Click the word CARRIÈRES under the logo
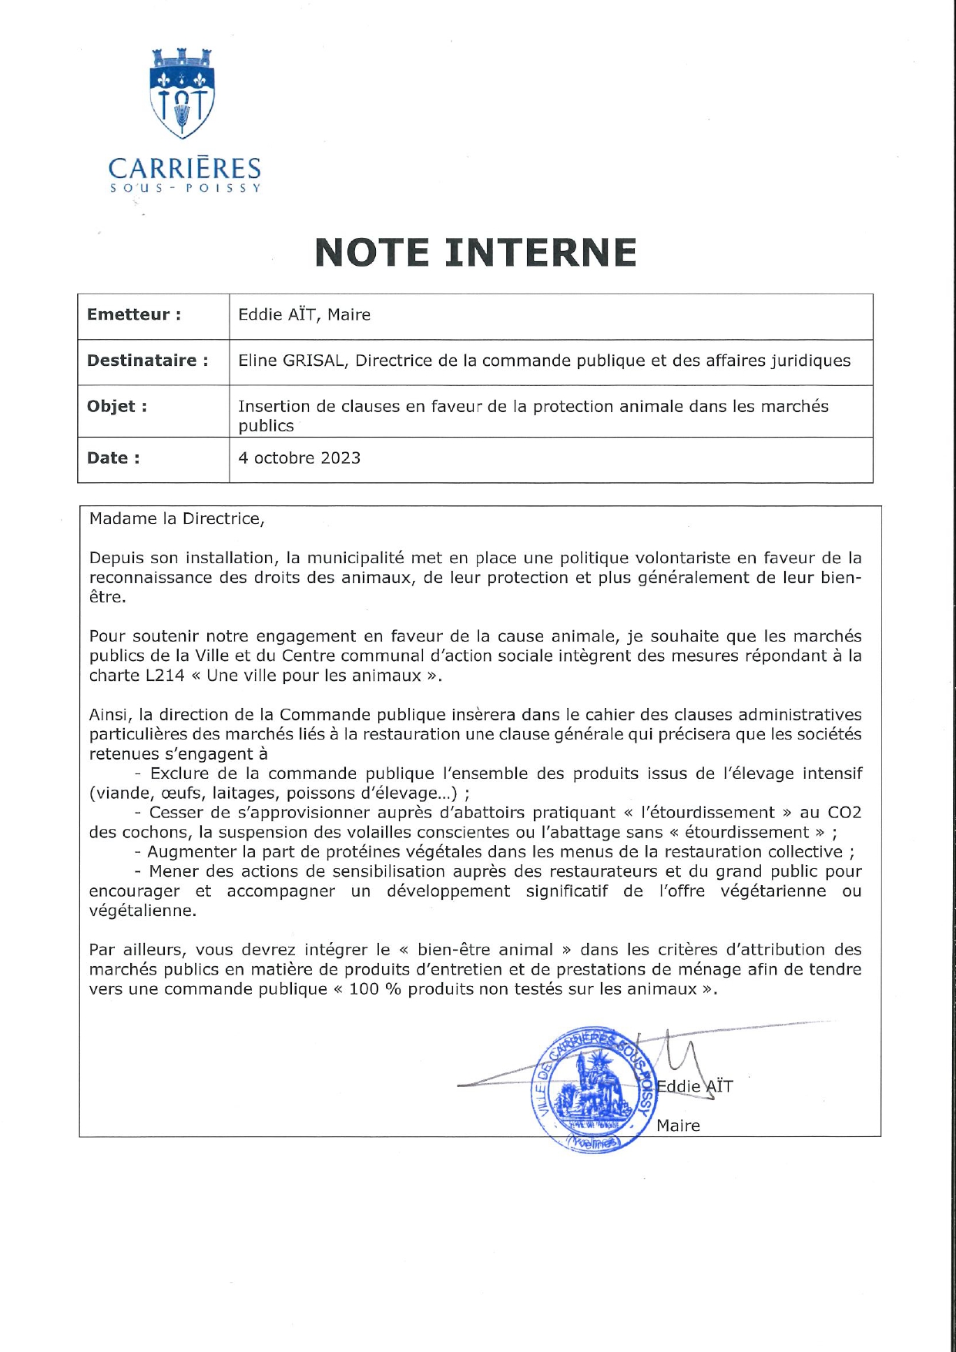184,168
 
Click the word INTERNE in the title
542,252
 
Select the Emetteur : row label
133,314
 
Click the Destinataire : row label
147,361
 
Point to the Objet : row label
116,406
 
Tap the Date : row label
113,458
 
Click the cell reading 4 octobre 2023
299,458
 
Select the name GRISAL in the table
315,361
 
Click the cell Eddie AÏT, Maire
304,314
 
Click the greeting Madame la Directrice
176,518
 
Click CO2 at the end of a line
844,812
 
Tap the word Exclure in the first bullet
179,773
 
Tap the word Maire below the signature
678,1126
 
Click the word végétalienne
142,910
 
